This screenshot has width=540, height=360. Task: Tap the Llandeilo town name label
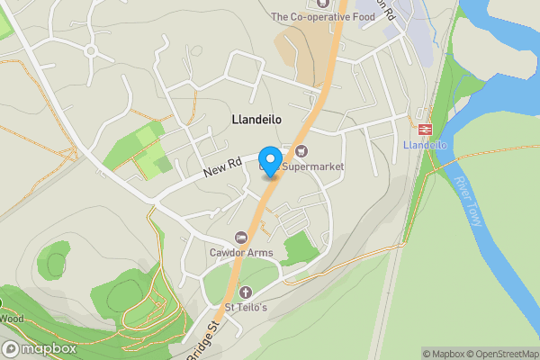[256, 119]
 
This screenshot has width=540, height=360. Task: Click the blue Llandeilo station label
[426, 146]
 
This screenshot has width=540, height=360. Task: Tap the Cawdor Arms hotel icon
[241, 238]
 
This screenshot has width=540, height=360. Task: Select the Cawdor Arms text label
[241, 253]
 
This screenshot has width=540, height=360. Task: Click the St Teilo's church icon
[245, 292]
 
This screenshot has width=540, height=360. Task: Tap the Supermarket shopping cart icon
[300, 150]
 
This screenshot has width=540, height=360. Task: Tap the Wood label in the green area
[12, 318]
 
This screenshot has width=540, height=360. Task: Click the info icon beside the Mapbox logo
[10, 348]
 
